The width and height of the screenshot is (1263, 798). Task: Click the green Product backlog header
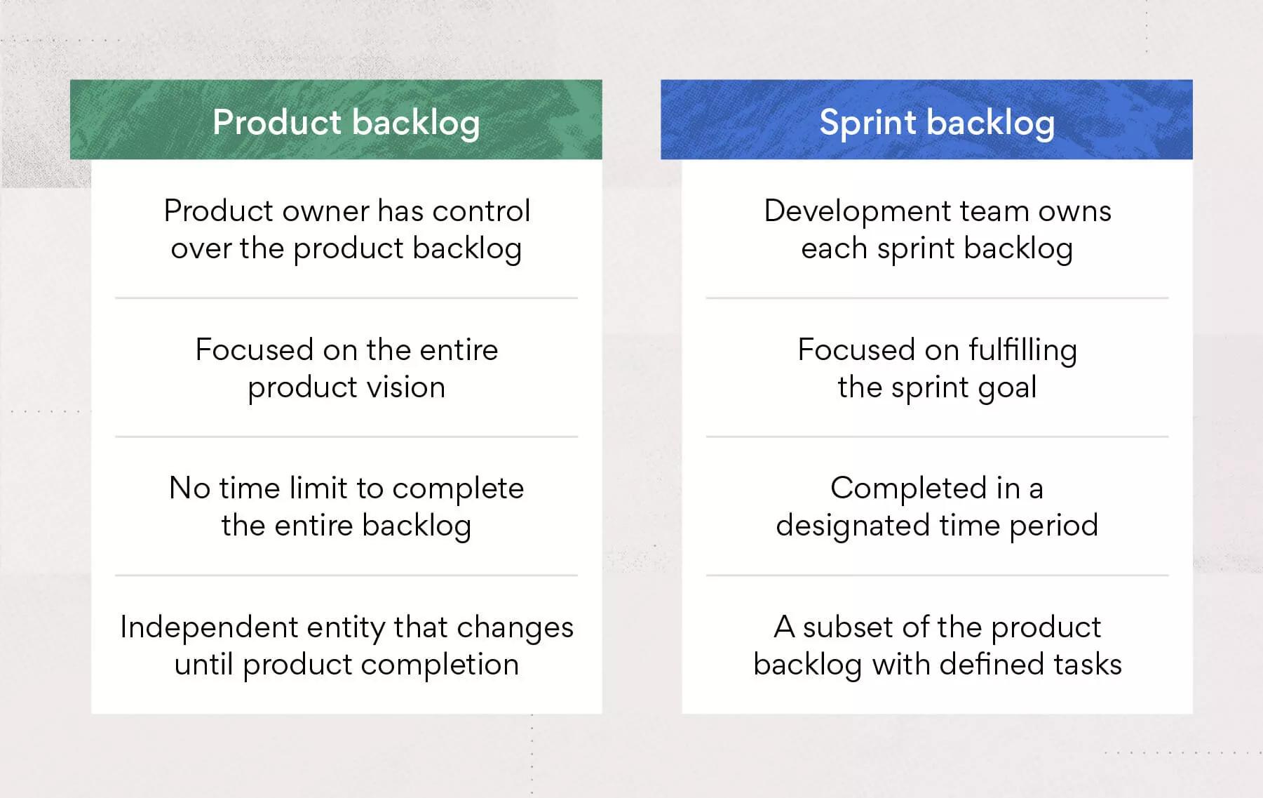pos(336,119)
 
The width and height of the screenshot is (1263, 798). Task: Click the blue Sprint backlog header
pos(926,119)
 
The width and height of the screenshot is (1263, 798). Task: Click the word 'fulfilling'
pos(1023,350)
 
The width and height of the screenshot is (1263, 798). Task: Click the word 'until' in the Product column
pos(203,665)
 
